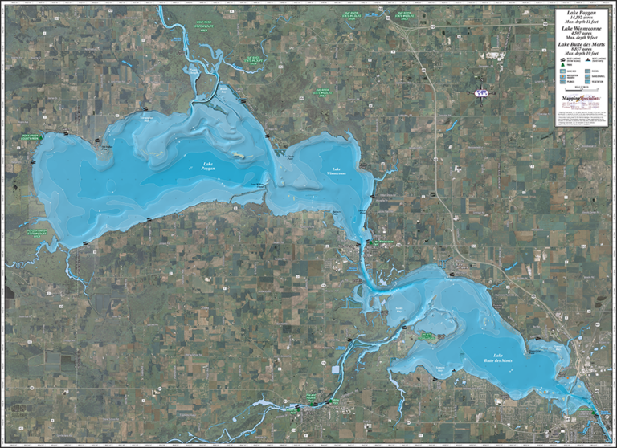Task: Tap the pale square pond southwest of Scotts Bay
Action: [x=334, y=370]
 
